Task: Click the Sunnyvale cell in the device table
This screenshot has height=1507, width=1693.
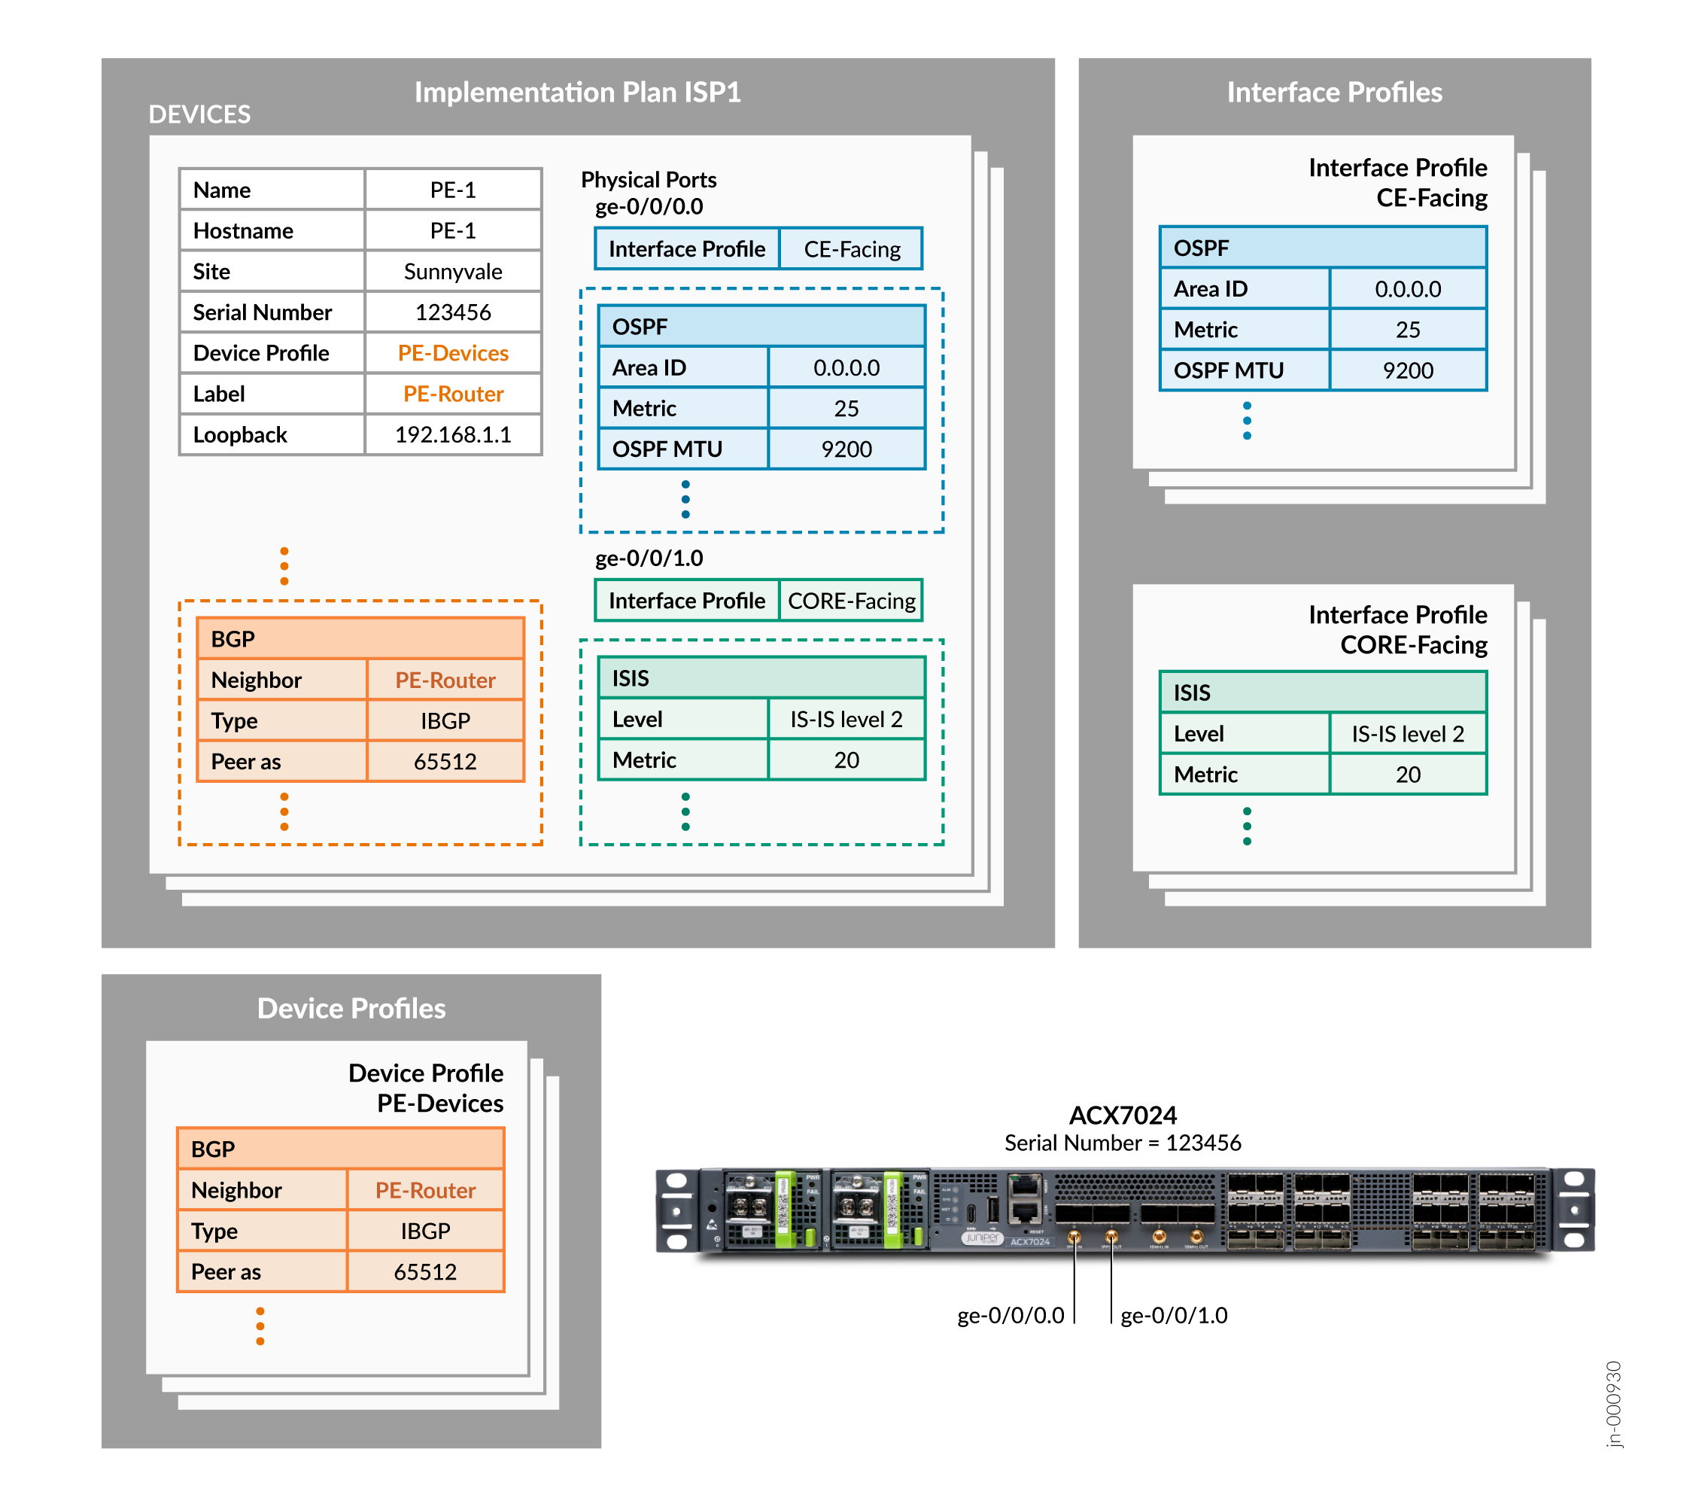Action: (452, 272)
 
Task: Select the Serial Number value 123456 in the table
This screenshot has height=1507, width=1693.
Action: (452, 312)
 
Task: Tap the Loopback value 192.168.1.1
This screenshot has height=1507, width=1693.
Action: (452, 435)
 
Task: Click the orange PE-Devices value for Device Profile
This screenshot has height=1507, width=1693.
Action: (452, 353)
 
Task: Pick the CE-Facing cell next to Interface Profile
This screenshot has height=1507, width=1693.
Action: (852, 249)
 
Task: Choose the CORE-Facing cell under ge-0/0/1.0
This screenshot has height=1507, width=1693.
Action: (852, 601)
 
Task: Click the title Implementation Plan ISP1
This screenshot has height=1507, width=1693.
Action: (577, 92)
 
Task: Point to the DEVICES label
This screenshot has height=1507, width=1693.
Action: (199, 114)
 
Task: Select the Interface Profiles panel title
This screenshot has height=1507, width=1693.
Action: (1333, 92)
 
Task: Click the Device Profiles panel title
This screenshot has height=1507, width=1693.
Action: (351, 1008)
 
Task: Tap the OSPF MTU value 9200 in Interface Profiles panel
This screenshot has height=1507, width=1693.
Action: (1407, 370)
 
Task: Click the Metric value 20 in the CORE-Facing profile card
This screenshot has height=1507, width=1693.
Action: (1407, 775)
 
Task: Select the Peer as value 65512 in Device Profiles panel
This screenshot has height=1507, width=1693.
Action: (425, 1271)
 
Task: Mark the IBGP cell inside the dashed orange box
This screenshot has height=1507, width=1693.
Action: (445, 721)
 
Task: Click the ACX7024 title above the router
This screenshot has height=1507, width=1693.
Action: (1123, 1115)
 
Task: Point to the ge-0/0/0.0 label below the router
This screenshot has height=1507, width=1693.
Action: (1010, 1316)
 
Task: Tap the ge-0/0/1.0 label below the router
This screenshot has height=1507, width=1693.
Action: (1174, 1316)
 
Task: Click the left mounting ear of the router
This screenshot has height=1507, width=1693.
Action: (677, 1210)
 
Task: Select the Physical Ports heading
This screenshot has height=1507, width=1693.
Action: (649, 180)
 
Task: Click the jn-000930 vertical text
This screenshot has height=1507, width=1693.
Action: (1613, 1405)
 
